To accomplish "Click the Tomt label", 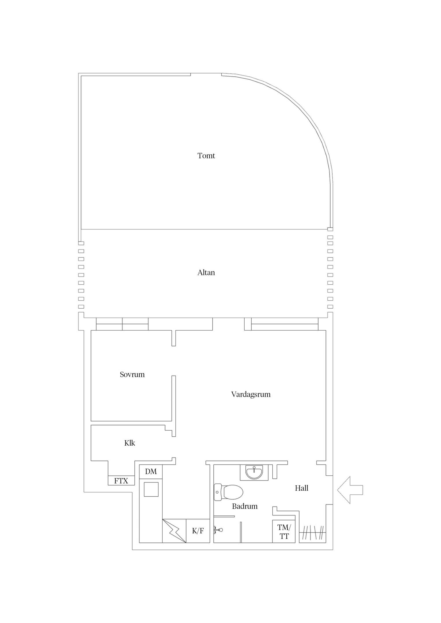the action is click(206, 156).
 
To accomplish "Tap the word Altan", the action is click(206, 273).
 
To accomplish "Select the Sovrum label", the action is click(132, 374).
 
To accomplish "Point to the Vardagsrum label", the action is click(251, 394).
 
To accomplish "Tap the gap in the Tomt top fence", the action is click(206, 74).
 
